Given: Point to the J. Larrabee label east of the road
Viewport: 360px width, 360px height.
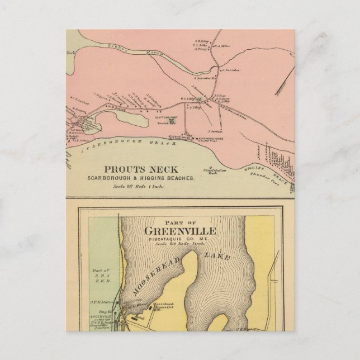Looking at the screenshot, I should pyautogui.click(x=231, y=70).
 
